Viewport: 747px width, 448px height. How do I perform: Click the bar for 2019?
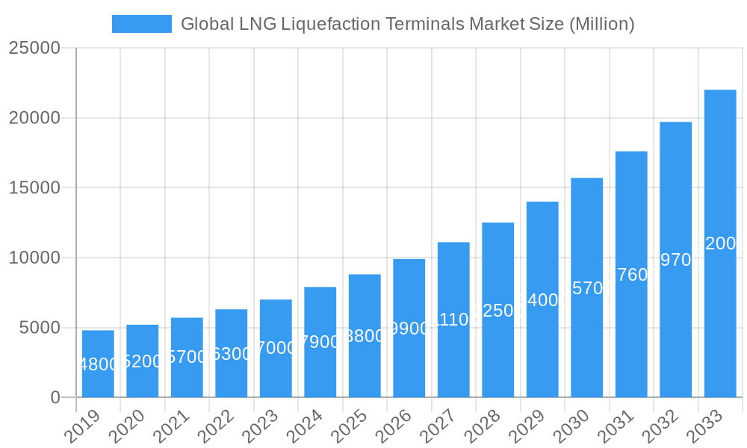click(98, 364)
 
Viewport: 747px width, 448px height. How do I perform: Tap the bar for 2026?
click(409, 328)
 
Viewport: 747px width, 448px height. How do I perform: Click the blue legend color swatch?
click(142, 24)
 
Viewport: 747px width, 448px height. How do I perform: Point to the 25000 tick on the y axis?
click(34, 48)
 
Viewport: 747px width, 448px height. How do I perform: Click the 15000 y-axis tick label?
click(34, 187)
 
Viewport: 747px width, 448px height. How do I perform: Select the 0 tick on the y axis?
click(55, 397)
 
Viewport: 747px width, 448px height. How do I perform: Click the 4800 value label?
click(98, 364)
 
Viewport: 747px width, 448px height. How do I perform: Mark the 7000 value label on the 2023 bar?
click(276, 348)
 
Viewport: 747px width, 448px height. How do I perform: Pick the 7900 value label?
click(320, 342)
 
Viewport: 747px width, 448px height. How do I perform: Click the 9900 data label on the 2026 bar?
click(409, 329)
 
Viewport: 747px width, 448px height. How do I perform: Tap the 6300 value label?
click(231, 354)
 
